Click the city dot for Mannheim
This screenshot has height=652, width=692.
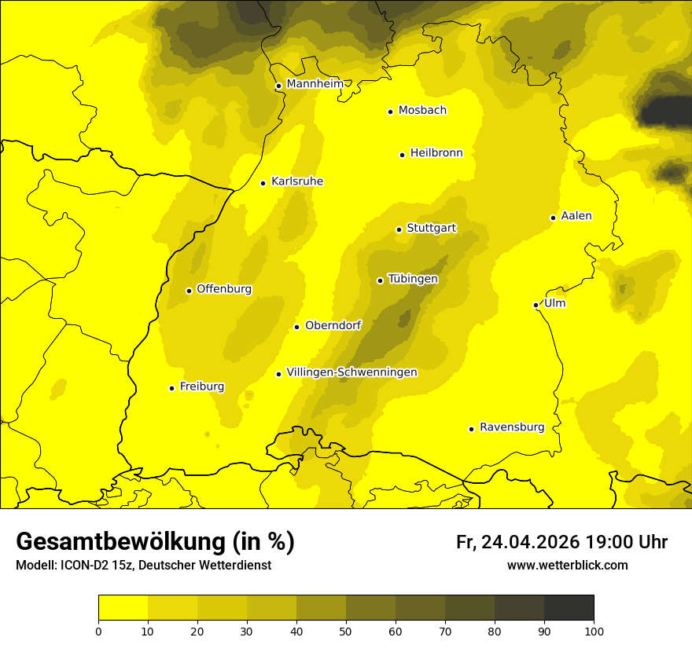point(278,86)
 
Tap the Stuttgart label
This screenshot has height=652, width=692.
point(431,228)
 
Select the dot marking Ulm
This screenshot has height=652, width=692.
point(536,305)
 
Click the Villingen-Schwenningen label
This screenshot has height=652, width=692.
point(352,372)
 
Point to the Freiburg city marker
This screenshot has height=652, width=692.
point(172,388)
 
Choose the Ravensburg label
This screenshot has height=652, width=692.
point(511,427)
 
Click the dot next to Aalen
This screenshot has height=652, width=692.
point(554,218)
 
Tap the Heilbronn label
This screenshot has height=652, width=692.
point(436,153)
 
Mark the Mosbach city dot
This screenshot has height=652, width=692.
point(390,112)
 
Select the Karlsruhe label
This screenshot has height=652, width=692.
point(296,181)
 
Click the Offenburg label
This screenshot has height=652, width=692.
point(224,289)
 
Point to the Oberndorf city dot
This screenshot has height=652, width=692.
point(296,327)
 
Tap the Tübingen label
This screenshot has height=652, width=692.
point(413,279)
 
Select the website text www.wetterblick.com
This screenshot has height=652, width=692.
point(567,566)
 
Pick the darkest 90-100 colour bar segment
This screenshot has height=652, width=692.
point(569,608)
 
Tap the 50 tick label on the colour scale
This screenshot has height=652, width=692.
point(346,630)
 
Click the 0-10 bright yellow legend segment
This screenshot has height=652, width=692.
point(123,608)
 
